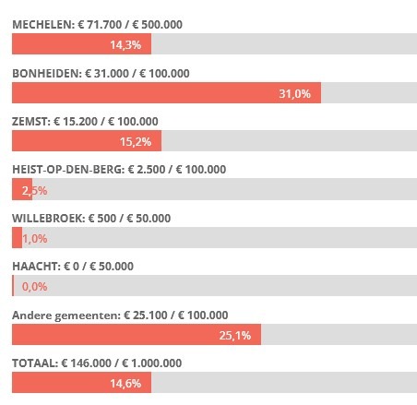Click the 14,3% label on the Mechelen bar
pyautogui.click(x=125, y=45)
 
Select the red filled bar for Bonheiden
pyautogui.click(x=166, y=92)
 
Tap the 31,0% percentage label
pyautogui.click(x=294, y=93)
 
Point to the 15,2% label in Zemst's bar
pyautogui.click(x=136, y=142)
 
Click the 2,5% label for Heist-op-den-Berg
pyautogui.click(x=34, y=191)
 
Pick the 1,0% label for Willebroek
pyautogui.click(x=35, y=239)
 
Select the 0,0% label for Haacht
pyautogui.click(x=34, y=287)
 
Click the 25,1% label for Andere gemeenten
pyautogui.click(x=235, y=335)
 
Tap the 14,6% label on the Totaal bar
pyautogui.click(x=125, y=384)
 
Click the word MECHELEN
pyautogui.click(x=43, y=25)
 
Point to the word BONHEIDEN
pyautogui.click(x=47, y=74)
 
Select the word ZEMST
pyautogui.click(x=31, y=122)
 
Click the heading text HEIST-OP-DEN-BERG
pyautogui.click(x=68, y=170)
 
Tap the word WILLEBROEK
pyautogui.click(x=49, y=219)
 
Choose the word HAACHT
pyautogui.click(x=36, y=267)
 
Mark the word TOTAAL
pyautogui.click(x=35, y=363)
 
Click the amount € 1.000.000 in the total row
pyautogui.click(x=151, y=363)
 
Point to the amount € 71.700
pyautogui.click(x=100, y=25)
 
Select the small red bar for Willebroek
pyautogui.click(x=17, y=237)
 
